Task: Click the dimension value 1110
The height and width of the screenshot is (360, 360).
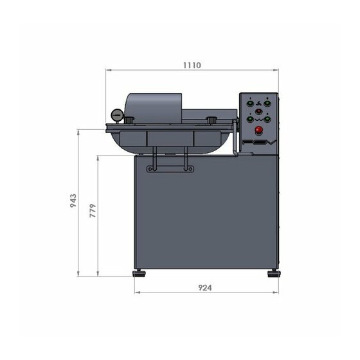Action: click(192, 65)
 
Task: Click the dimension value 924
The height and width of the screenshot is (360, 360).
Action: click(205, 288)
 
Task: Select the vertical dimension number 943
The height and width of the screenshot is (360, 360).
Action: click(73, 201)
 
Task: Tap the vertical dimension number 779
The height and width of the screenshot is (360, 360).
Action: click(93, 211)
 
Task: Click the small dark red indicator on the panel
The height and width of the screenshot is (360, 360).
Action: click(258, 112)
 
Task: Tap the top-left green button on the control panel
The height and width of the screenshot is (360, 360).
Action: click(250, 104)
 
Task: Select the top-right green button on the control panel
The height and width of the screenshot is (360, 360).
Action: click(267, 104)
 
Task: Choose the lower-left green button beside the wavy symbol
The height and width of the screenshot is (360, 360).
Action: click(250, 120)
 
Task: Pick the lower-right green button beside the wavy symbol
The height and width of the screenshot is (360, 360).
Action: click(267, 120)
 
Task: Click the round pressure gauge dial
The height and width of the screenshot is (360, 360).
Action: click(117, 115)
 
